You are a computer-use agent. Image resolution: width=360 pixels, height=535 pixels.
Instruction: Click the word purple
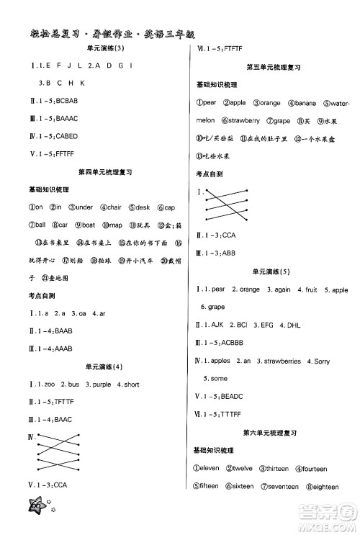pos(99,385)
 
